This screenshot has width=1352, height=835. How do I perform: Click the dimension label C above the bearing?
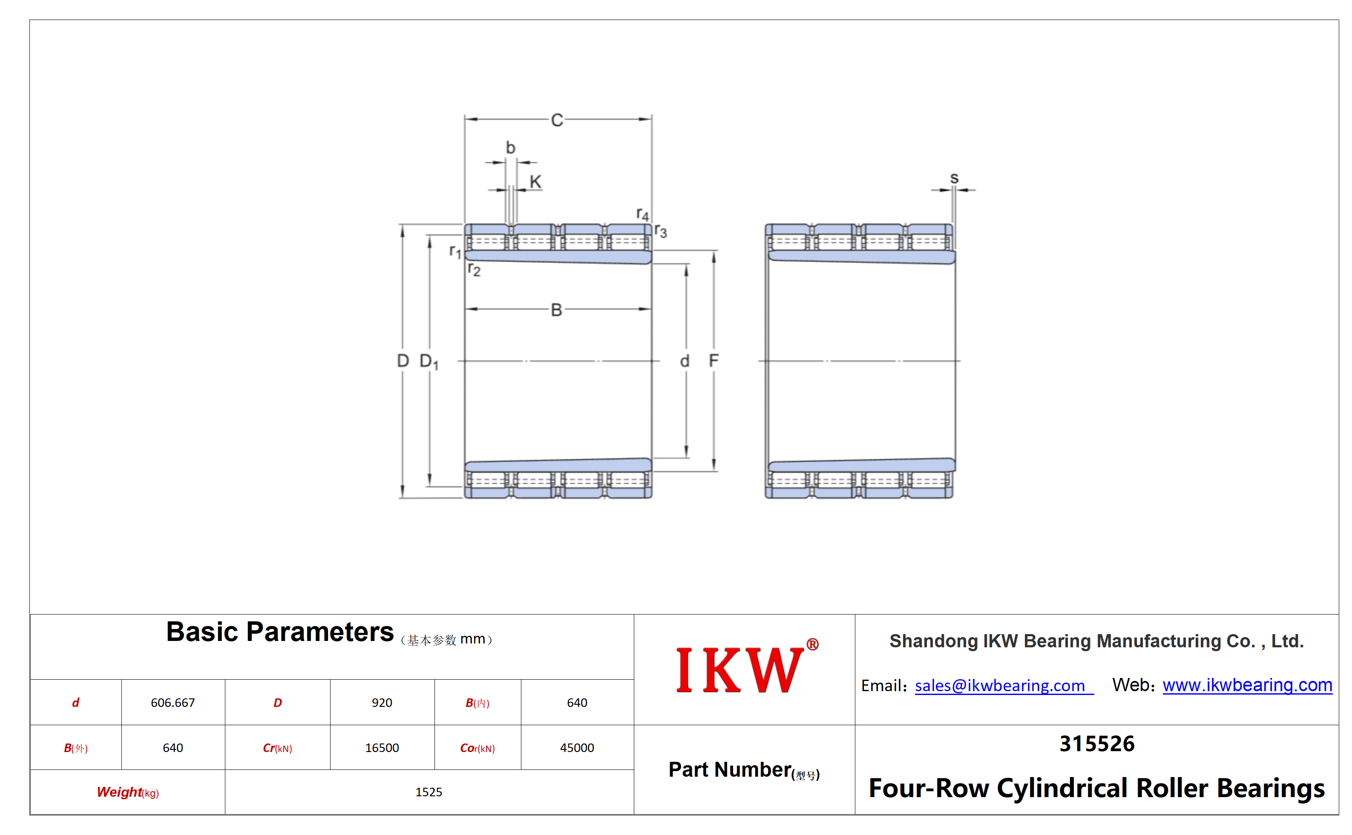(x=557, y=120)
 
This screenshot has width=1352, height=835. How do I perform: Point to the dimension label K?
(x=535, y=182)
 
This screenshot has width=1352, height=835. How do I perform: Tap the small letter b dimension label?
(x=510, y=147)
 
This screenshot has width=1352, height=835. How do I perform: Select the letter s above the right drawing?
(x=954, y=178)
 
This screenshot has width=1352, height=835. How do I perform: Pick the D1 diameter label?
(x=429, y=362)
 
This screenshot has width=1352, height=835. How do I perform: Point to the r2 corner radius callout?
(x=474, y=269)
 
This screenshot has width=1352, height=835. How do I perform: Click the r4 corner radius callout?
(x=642, y=214)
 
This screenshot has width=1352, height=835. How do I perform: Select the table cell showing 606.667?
(x=173, y=703)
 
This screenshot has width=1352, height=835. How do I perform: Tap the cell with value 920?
(x=382, y=703)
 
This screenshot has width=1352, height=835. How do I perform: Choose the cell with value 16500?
(x=382, y=748)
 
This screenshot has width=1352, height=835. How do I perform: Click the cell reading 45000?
(x=577, y=748)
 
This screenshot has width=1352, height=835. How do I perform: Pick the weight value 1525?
(x=429, y=792)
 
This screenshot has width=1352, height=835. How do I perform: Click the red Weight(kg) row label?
(x=128, y=792)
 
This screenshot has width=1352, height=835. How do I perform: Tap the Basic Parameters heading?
(x=280, y=632)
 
